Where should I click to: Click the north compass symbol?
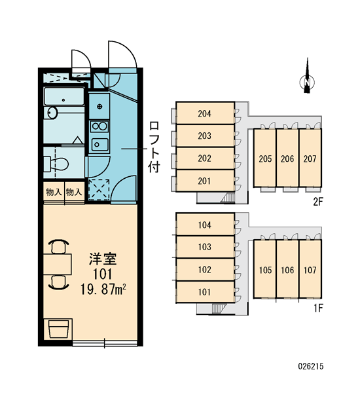click(307, 82)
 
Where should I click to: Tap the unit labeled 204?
click(205, 113)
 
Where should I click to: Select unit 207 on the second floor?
click(310, 158)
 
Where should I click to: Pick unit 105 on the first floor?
click(265, 269)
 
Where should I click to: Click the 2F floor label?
click(318, 202)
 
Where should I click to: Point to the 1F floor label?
click(319, 308)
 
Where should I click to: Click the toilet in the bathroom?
click(56, 164)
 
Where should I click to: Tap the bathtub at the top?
click(64, 96)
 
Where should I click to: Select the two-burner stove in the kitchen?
click(99, 126)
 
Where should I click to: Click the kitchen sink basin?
click(99, 145)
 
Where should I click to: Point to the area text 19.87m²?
click(103, 290)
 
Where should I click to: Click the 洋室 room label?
click(103, 259)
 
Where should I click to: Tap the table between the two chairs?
click(58, 264)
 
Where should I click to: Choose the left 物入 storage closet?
click(54, 192)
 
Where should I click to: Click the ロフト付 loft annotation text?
click(154, 147)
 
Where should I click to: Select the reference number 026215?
click(311, 366)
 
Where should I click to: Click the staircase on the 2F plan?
click(227, 197)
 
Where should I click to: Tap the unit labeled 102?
click(205, 269)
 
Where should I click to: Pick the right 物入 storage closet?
click(75, 192)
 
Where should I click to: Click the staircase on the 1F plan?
click(219, 309)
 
